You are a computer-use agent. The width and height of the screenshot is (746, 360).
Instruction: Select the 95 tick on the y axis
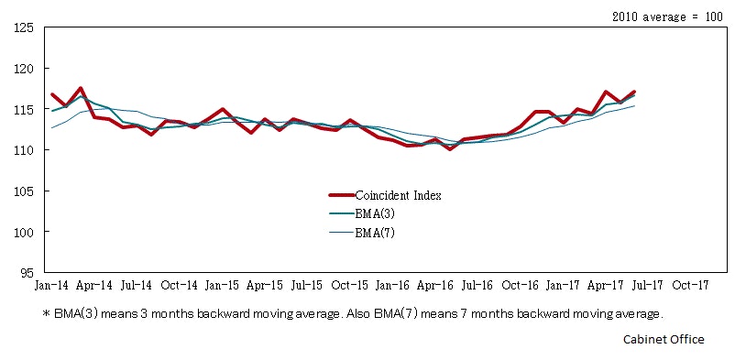click(x=26, y=273)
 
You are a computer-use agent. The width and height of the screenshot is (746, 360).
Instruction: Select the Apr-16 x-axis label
click(x=435, y=285)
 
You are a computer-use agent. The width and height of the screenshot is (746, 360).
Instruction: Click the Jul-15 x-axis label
click(x=307, y=285)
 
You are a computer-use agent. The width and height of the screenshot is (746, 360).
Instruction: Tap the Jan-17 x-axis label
click(x=564, y=285)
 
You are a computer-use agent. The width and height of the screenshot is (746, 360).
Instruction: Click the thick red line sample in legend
click(x=341, y=195)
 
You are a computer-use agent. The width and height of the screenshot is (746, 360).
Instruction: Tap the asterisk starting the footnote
click(x=46, y=314)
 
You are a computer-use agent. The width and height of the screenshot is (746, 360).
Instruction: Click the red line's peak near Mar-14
click(x=81, y=88)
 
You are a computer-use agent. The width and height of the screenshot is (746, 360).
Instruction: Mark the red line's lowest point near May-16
click(x=450, y=148)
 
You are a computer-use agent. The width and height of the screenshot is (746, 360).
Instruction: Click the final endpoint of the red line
click(x=634, y=92)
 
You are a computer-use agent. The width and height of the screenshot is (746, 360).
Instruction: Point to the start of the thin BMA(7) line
click(x=52, y=127)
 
